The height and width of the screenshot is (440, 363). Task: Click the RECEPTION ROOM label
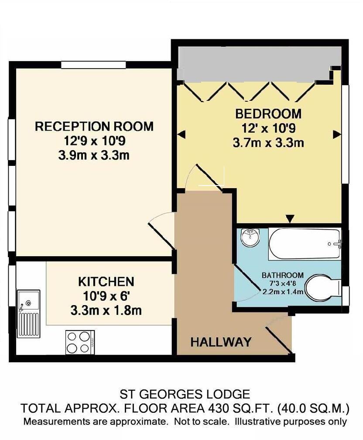[x=94, y=127]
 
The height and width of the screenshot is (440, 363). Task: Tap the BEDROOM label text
[x=268, y=114]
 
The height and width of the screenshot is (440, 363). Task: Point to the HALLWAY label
[x=221, y=342]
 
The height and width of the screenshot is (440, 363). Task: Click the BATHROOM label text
[x=282, y=275]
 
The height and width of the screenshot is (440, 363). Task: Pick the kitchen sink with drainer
[x=28, y=313]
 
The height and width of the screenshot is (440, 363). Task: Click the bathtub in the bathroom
[x=304, y=244]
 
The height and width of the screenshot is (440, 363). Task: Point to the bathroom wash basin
[x=250, y=237]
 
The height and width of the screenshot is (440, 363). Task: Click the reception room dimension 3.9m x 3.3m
[x=94, y=155]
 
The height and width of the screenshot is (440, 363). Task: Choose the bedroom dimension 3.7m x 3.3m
[x=268, y=143]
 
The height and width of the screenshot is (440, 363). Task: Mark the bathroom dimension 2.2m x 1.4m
[x=282, y=292]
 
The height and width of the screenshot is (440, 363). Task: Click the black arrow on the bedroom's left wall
[x=181, y=134]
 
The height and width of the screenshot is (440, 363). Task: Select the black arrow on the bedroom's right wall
[x=337, y=135]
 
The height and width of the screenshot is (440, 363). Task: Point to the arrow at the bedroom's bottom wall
[x=289, y=218]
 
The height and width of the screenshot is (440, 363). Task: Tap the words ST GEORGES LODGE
[x=185, y=395]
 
